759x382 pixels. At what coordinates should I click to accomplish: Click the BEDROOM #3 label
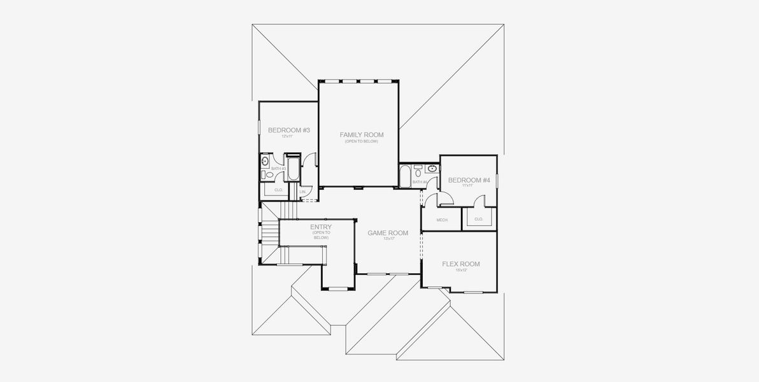[288, 131]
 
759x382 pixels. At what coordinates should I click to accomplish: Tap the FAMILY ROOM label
[361, 135]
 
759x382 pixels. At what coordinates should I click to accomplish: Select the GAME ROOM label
[388, 233]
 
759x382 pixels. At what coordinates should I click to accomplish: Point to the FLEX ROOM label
[461, 264]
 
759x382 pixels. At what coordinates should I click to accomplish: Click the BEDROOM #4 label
[469, 180]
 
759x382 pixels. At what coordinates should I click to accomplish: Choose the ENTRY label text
[321, 227]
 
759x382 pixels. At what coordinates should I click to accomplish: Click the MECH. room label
[442, 220]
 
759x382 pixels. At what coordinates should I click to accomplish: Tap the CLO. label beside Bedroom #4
[478, 219]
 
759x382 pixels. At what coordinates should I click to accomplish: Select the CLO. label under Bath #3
[278, 190]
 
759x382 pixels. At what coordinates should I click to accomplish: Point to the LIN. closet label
[302, 191]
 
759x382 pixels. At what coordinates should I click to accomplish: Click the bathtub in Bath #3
[293, 169]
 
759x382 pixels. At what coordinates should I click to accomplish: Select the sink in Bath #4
[432, 169]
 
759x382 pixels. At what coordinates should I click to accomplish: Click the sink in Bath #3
[265, 162]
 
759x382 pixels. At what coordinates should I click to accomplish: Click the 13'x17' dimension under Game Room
[388, 239]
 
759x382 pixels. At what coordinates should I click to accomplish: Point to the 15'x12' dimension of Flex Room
[461, 271]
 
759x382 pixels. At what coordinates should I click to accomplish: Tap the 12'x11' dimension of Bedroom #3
[287, 136]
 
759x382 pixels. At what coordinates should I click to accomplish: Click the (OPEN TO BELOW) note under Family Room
[361, 141]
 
